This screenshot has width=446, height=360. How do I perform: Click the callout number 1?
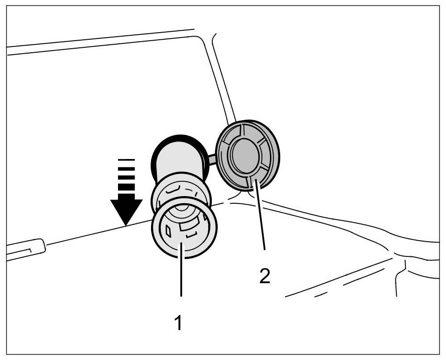[178, 322]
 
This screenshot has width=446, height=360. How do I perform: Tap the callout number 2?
[265, 276]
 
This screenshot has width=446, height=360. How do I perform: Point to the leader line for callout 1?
[181, 272]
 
